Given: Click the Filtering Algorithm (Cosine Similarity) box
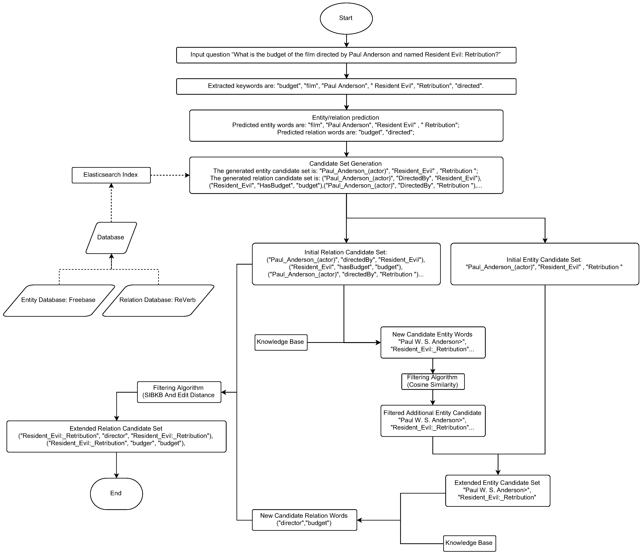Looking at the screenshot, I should [433, 381].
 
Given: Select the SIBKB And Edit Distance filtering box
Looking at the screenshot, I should [179, 392].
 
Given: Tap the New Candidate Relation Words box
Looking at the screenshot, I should [304, 520].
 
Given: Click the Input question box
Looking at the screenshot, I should [346, 55].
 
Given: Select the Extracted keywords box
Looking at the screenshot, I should [346, 86].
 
